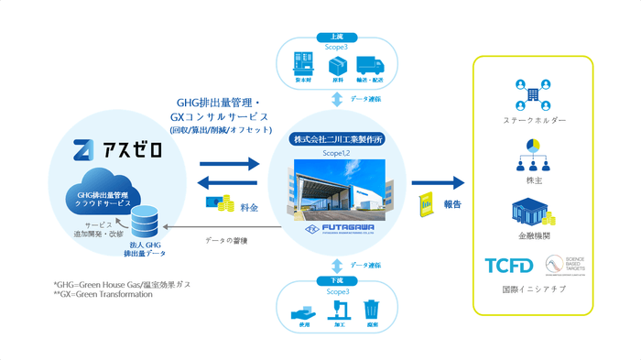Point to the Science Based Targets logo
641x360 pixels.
561,267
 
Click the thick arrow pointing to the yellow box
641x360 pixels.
439,183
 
